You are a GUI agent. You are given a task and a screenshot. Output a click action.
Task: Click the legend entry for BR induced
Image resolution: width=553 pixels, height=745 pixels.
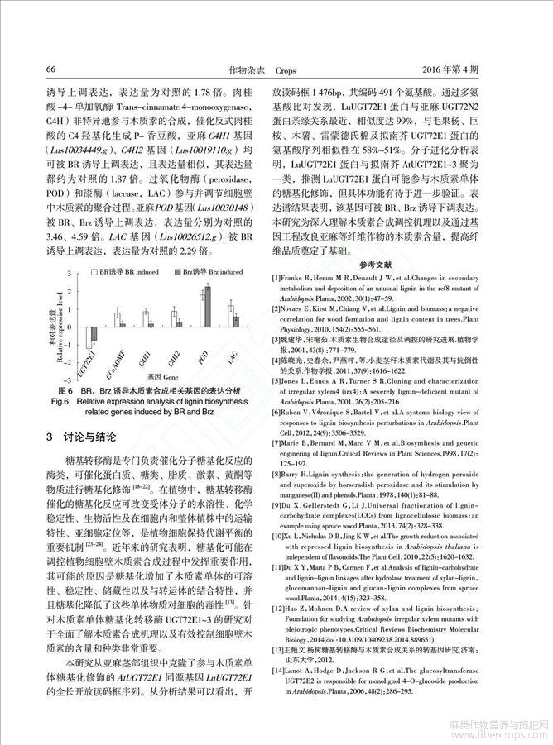pyautogui.click(x=123, y=271)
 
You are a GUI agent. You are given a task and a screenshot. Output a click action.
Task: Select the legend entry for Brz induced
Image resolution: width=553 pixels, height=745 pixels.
pyautogui.click(x=208, y=271)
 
